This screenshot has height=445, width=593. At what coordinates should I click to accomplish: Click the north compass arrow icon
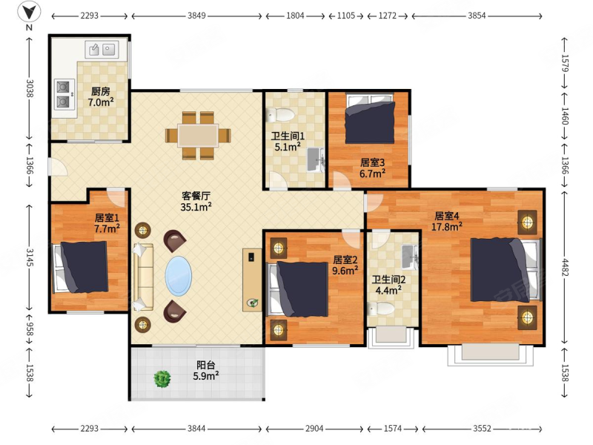(x=29, y=12)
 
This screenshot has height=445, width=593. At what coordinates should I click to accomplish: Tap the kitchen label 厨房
(x=101, y=91)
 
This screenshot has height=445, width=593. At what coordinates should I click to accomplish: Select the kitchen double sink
(x=102, y=49)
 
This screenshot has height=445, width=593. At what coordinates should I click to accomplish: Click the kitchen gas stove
(x=63, y=94)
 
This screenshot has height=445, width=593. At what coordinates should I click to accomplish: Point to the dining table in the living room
(x=198, y=136)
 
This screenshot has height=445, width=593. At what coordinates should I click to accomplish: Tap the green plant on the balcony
(x=162, y=378)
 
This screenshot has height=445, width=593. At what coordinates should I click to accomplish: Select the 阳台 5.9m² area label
(x=206, y=370)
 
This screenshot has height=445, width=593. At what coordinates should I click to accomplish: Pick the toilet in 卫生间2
(x=381, y=309)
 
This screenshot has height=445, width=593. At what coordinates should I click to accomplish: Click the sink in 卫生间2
(x=409, y=257)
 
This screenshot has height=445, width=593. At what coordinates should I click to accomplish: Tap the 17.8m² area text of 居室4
(x=447, y=227)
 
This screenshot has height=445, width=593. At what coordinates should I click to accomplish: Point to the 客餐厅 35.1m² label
(x=196, y=201)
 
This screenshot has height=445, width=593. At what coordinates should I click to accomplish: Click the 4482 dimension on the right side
(x=565, y=267)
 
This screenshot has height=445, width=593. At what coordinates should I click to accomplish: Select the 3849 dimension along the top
(x=196, y=16)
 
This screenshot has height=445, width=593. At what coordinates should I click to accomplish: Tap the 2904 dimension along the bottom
(x=314, y=429)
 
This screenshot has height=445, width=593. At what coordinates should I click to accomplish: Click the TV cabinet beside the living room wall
(x=252, y=280)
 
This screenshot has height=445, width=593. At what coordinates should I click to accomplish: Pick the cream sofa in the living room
(x=143, y=277)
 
